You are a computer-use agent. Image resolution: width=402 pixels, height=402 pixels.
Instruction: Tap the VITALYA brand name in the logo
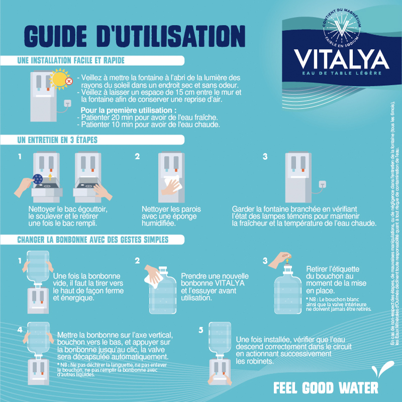(x=341, y=59)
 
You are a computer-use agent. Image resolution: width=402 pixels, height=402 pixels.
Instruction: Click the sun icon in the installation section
(x=61, y=79)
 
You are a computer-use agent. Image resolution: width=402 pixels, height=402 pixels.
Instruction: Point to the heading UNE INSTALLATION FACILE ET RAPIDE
(x=70, y=60)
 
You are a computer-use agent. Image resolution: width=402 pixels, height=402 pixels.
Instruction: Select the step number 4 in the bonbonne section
(x=20, y=330)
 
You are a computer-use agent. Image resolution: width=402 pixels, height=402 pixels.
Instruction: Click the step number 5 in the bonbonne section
(x=200, y=330)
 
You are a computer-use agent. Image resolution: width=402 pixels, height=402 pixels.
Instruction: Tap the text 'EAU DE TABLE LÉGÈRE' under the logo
(x=342, y=74)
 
